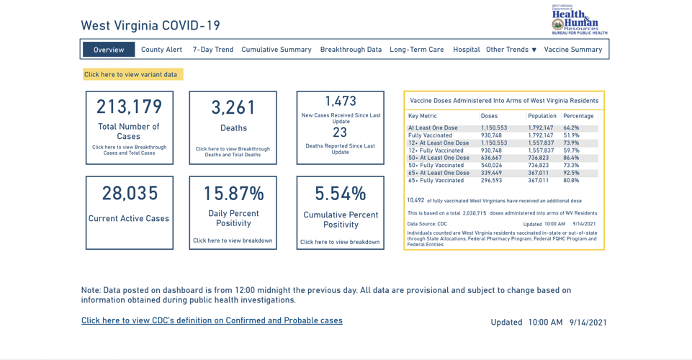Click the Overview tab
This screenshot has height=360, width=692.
(109, 50)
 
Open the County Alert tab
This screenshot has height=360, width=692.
(161, 50)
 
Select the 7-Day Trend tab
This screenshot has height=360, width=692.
(212, 50)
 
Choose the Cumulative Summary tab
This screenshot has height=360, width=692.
(277, 50)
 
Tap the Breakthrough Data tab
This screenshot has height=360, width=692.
(351, 50)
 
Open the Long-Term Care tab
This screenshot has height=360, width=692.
(417, 50)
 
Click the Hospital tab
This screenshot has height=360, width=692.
(466, 50)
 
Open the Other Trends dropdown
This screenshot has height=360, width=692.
(511, 50)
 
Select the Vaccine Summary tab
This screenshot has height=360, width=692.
(573, 50)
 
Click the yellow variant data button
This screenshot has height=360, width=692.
(132, 74)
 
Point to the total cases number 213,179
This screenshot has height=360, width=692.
(130, 107)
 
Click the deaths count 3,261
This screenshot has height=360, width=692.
(233, 108)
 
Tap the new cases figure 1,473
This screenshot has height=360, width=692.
(341, 102)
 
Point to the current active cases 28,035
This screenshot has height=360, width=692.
(130, 193)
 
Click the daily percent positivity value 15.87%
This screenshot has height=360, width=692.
(233, 194)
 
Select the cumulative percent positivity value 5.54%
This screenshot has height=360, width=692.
(341, 194)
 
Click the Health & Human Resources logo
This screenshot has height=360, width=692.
(579, 19)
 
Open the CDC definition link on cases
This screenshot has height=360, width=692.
(212, 320)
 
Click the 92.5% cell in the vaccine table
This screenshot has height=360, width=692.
(571, 173)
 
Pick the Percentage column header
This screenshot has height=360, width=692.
(578, 116)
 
